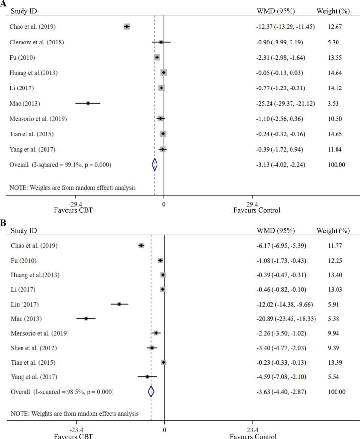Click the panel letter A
[3, 3]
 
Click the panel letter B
[3, 223]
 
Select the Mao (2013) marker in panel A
[88, 103]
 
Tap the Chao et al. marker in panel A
[127, 27]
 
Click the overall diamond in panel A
[155, 165]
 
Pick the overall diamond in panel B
[151, 391]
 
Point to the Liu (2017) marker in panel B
[119, 304]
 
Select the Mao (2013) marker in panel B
[86, 318]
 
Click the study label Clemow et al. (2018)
[37, 42]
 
